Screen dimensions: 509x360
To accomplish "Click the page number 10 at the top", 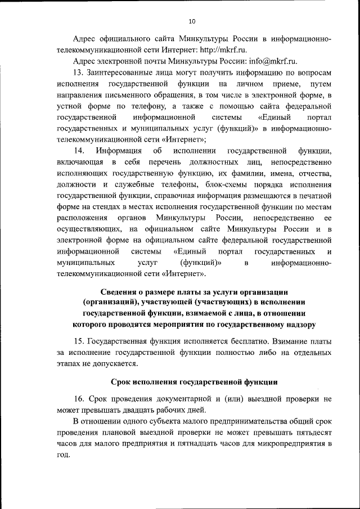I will tap(192, 21).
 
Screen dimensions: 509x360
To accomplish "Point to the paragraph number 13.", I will tap(79, 73).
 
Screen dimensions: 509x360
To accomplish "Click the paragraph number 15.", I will tap(79, 342).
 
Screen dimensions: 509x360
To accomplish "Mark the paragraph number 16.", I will tap(79, 399).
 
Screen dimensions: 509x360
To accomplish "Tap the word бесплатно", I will tap(246, 342).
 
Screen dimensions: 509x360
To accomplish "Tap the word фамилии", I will tap(230, 174).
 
